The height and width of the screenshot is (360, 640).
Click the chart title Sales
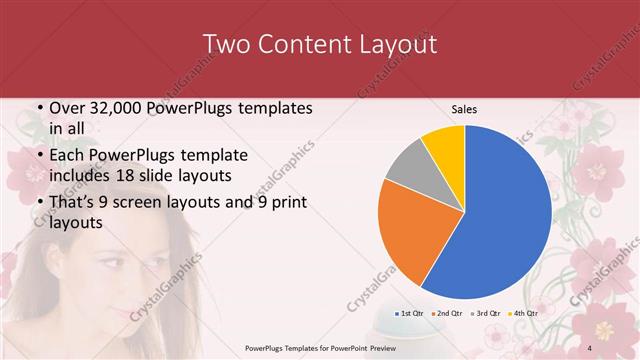click(464, 109)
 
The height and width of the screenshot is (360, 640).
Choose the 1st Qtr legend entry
click(411, 314)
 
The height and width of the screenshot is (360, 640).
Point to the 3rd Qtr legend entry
click(485, 314)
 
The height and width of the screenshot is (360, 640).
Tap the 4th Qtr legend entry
click(523, 314)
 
